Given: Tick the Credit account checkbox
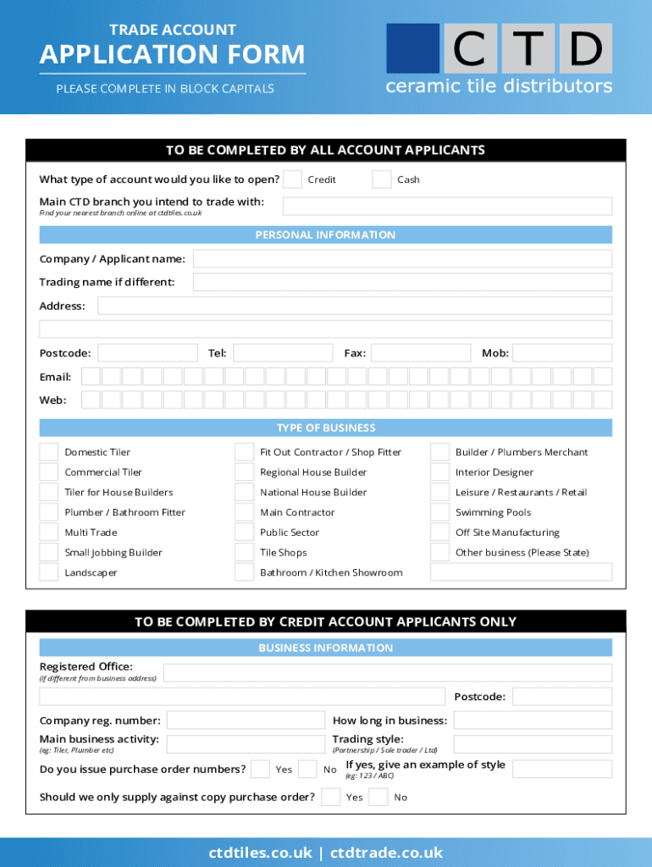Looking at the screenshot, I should (292, 179).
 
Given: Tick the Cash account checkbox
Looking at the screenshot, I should (382, 179).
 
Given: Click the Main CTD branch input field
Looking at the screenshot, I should (447, 207).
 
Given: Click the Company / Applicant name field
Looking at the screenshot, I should (402, 259).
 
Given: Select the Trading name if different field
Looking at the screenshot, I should (402, 282).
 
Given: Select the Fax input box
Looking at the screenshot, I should (420, 353).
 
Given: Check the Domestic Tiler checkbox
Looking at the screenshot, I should (49, 452).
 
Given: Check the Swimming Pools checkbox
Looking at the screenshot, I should (439, 512).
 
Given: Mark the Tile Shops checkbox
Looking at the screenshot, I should (244, 553).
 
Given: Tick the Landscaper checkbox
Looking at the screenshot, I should (49, 572).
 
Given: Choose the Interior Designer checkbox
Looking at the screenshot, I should (439, 472).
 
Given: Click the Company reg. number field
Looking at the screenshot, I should (246, 721).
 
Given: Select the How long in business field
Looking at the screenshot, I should (533, 721).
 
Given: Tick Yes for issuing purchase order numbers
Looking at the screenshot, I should (261, 769).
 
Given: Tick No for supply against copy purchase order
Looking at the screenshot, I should (378, 797).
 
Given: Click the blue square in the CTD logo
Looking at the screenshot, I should (412, 48).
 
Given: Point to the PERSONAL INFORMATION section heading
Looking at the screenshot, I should (325, 235).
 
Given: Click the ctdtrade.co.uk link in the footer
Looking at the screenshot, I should (386, 853).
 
